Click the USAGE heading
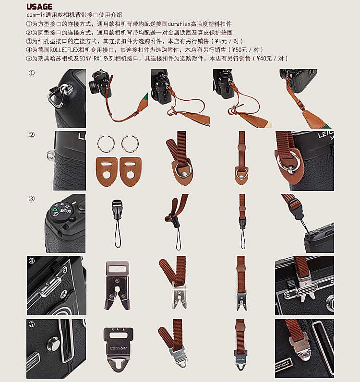click(39, 7)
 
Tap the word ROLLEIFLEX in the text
click(64, 50)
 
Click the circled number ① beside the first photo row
click(32, 73)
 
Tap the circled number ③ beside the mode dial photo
click(32, 199)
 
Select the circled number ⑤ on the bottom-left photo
click(32, 324)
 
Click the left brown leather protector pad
click(106, 171)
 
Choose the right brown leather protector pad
click(131, 171)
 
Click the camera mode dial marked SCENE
click(61, 210)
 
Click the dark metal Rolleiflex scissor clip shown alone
click(117, 285)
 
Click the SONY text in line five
click(85, 59)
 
